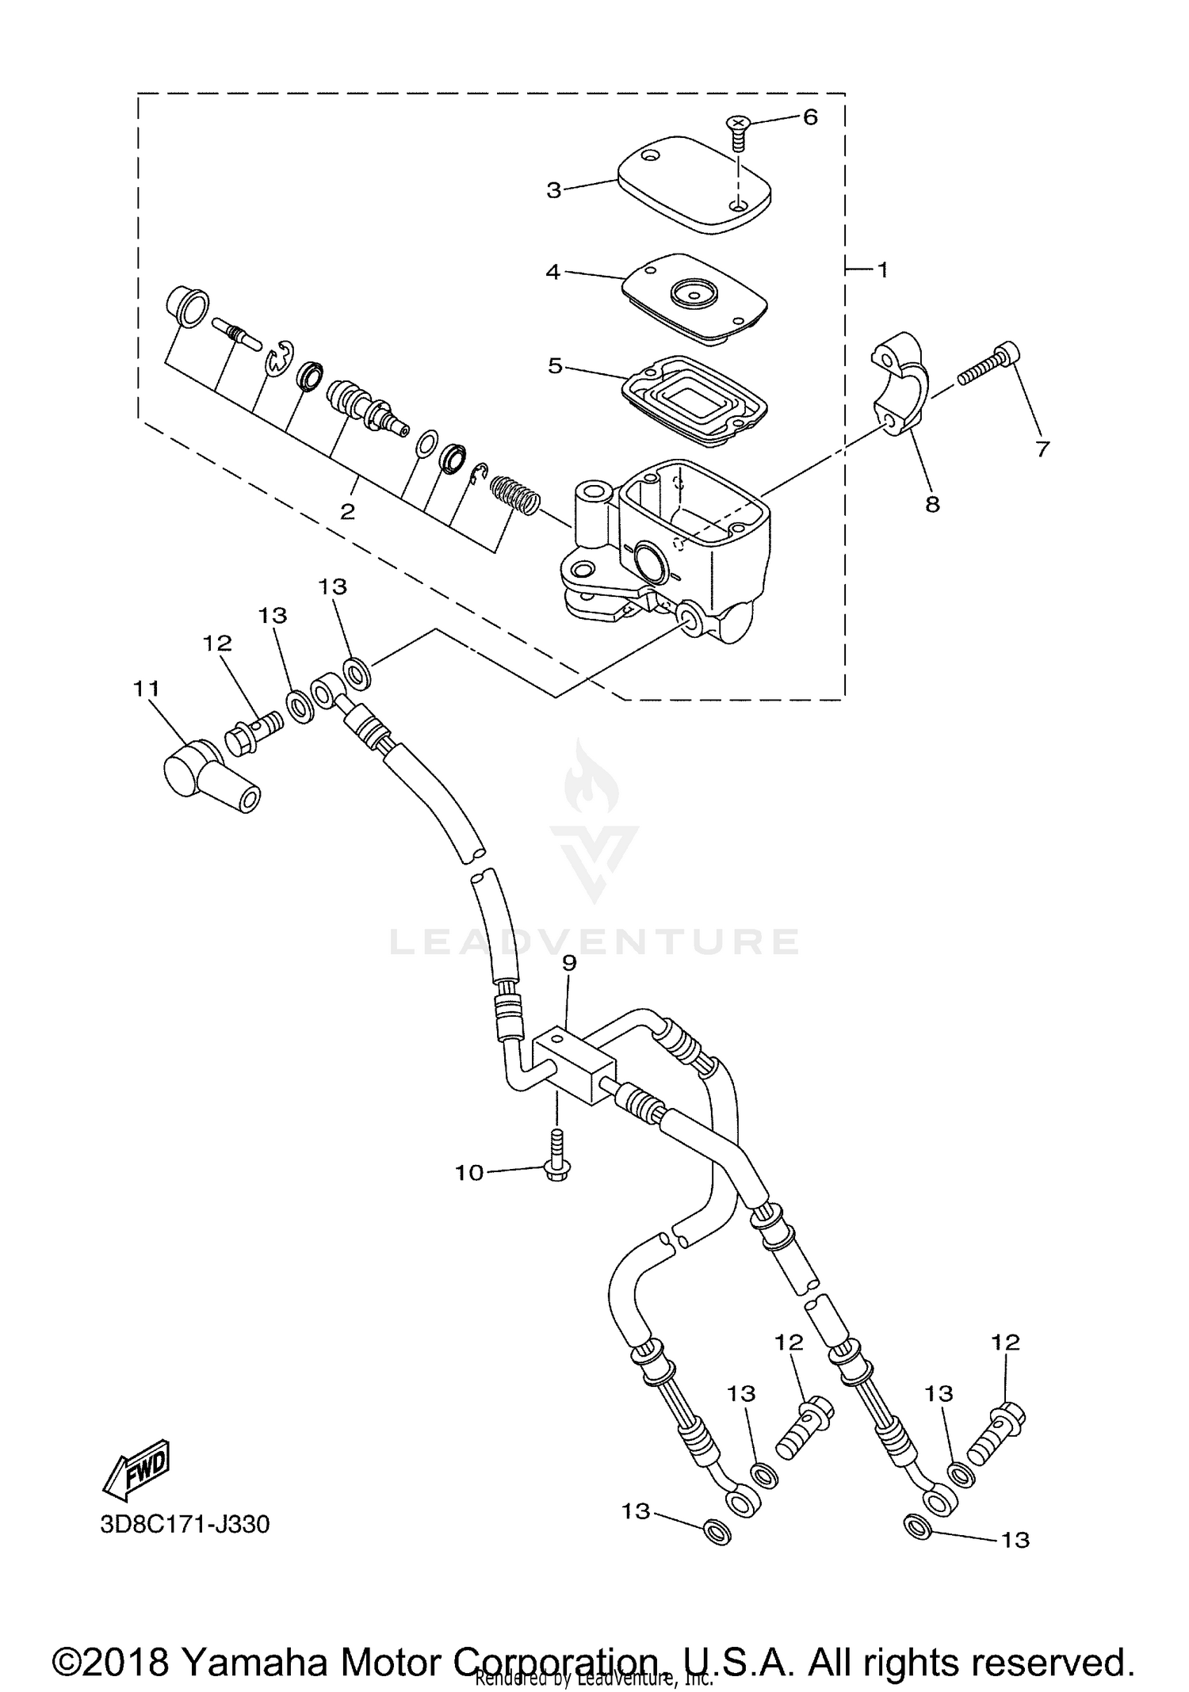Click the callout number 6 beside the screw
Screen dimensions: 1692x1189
[x=809, y=117]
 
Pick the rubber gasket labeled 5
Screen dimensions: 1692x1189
[x=694, y=395]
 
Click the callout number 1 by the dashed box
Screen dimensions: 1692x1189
[x=881, y=270]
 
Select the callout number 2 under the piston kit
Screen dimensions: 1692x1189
[x=347, y=512]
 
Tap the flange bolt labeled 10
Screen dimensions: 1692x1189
[x=557, y=1157]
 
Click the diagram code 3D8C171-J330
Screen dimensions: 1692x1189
[x=185, y=1524]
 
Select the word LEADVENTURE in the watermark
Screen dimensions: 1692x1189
[x=594, y=942]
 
